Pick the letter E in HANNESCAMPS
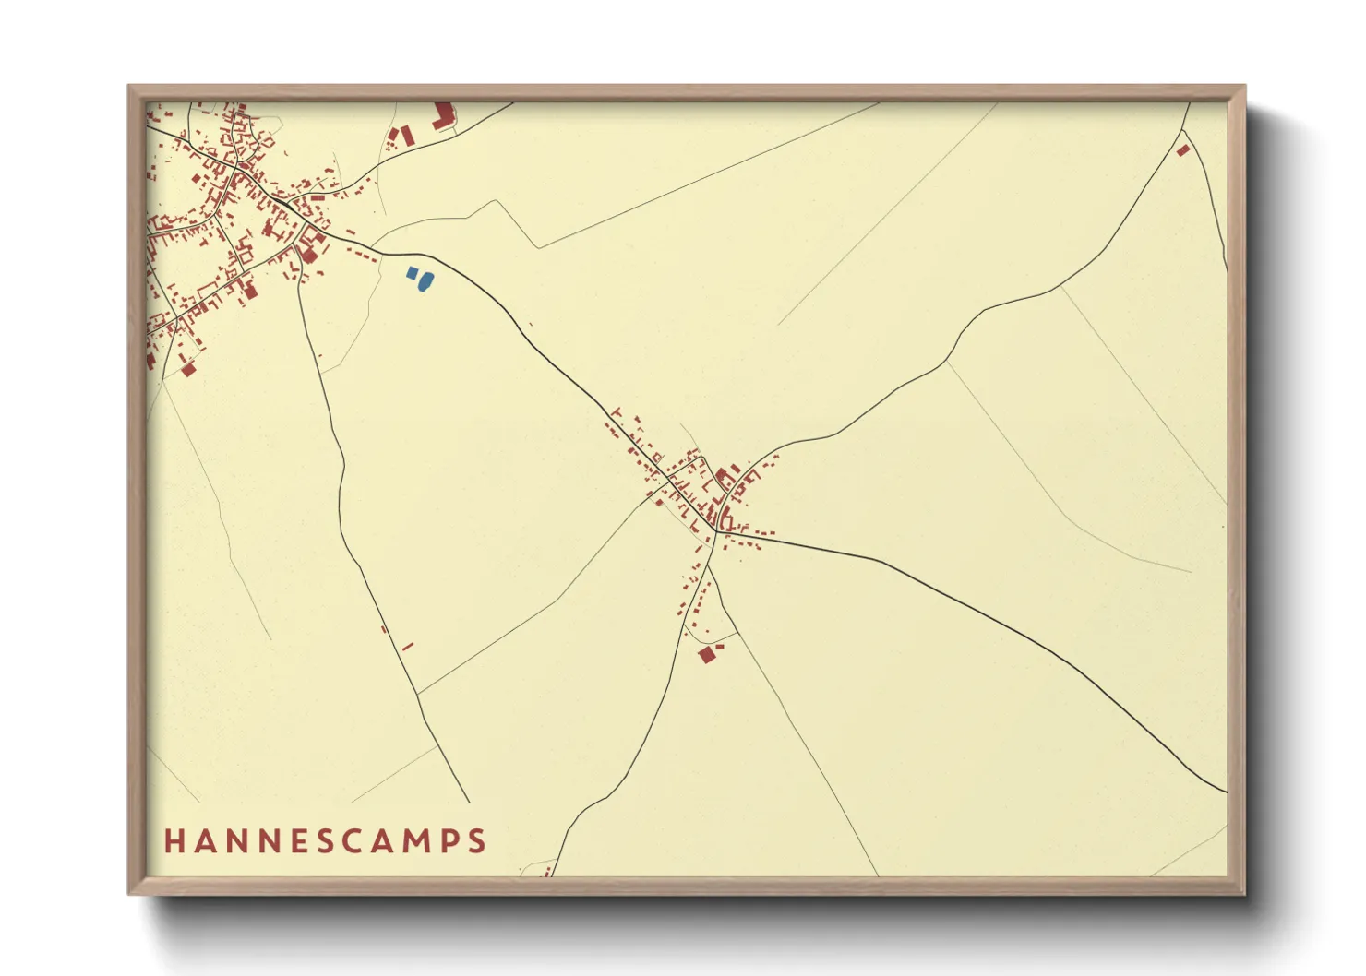296,841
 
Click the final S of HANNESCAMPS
477,841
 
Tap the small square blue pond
412,273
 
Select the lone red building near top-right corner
1183,149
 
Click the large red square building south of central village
707,655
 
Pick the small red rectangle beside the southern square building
720,647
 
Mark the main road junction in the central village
715,531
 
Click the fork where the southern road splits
708,565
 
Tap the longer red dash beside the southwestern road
407,647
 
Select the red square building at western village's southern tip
188,369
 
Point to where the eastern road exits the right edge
1226,791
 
